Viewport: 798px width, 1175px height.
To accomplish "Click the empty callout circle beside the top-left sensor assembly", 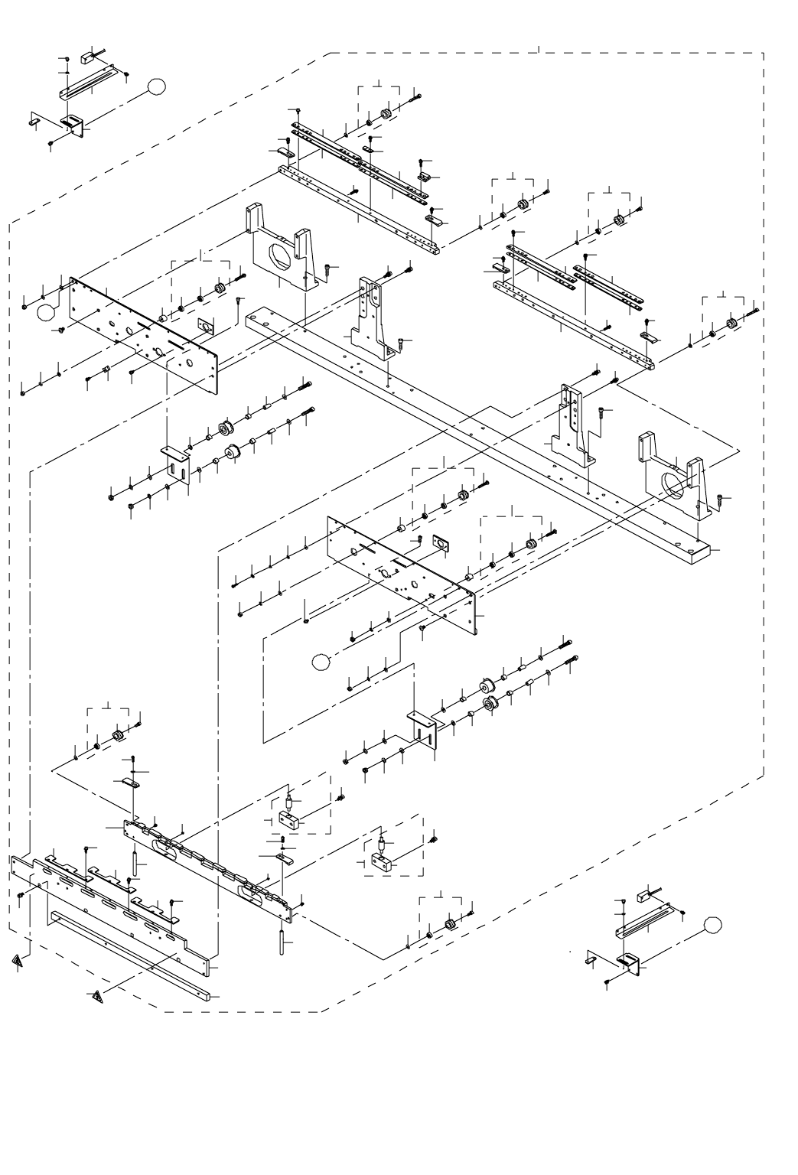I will pos(156,86).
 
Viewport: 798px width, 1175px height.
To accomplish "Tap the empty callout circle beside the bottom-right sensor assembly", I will pos(712,924).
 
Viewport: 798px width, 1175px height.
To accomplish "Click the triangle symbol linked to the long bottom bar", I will pos(96,997).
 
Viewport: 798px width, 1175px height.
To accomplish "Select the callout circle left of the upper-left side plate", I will pos(47,311).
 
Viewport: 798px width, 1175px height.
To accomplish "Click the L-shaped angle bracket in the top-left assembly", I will pos(73,123).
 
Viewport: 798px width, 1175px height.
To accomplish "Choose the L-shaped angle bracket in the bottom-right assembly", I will pos(630,961).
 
